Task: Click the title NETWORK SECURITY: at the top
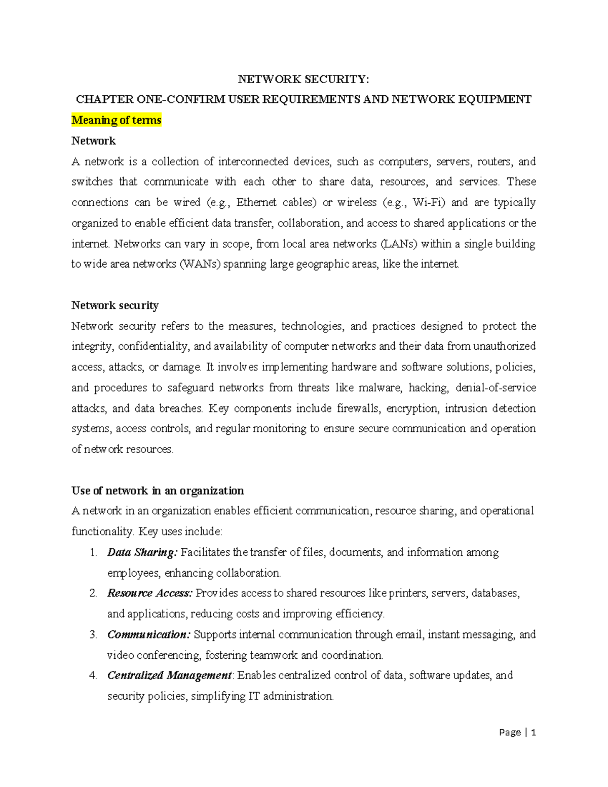pos(303,79)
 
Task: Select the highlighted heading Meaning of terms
pos(116,120)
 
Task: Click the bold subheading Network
pos(93,141)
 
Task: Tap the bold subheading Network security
pos(115,305)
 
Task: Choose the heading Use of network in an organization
pos(158,491)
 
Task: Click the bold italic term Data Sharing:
pos(142,552)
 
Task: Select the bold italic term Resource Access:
pos(150,593)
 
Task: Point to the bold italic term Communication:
pos(149,634)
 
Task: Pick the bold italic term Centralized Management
pos(169,676)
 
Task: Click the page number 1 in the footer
pos(533,732)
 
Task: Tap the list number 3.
pos(93,634)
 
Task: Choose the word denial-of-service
pos(496,388)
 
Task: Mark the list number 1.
pos(93,552)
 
